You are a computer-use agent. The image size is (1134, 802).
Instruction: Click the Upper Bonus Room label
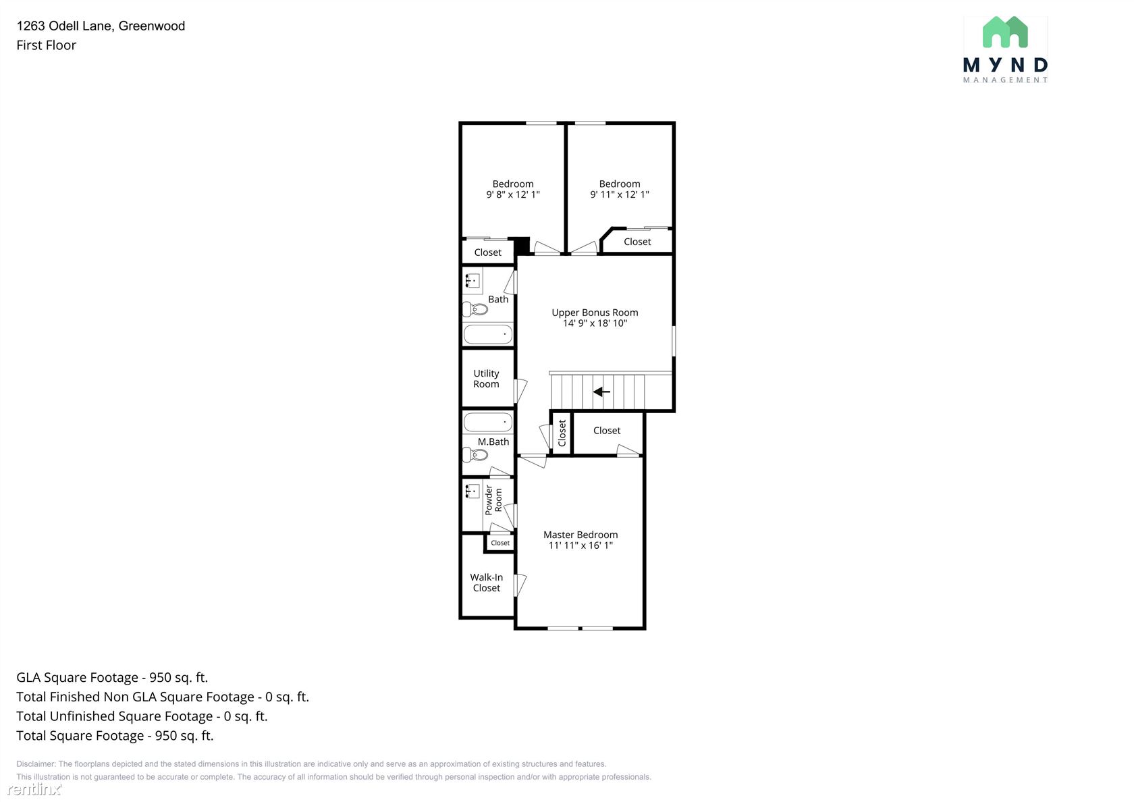pyautogui.click(x=595, y=313)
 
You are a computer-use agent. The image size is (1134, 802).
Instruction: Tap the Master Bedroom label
pyautogui.click(x=580, y=535)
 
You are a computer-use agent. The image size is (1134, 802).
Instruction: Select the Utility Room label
pyautogui.click(x=486, y=379)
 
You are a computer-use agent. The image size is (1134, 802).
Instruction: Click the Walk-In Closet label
pyautogui.click(x=487, y=582)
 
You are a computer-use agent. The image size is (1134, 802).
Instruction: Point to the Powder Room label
pyautogui.click(x=493, y=500)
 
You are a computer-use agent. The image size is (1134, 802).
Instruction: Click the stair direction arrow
pyautogui.click(x=601, y=392)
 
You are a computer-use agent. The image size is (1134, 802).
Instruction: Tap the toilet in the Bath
pyautogui.click(x=475, y=309)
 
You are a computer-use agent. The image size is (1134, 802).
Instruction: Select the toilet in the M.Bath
pyautogui.click(x=475, y=455)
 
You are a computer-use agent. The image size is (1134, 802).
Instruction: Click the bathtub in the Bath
pyautogui.click(x=488, y=334)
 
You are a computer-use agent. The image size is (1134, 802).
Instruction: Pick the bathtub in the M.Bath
pyautogui.click(x=488, y=422)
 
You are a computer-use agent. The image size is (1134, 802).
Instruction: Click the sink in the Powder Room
pyautogui.click(x=473, y=491)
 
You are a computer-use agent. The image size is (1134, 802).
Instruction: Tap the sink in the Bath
pyautogui.click(x=473, y=281)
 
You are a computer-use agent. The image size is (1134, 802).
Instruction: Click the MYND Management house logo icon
pyautogui.click(x=1005, y=32)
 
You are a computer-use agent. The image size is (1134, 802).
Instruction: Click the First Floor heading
pyautogui.click(x=46, y=45)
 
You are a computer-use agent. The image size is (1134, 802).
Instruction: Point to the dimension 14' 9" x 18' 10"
pyautogui.click(x=595, y=323)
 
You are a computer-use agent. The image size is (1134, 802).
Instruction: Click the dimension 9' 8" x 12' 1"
pyautogui.click(x=513, y=194)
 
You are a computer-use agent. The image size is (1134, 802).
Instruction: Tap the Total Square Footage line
pyautogui.click(x=115, y=735)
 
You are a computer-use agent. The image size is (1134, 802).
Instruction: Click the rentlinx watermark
pyautogui.click(x=34, y=788)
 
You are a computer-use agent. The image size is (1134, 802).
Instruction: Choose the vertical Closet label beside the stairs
pyautogui.click(x=562, y=433)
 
